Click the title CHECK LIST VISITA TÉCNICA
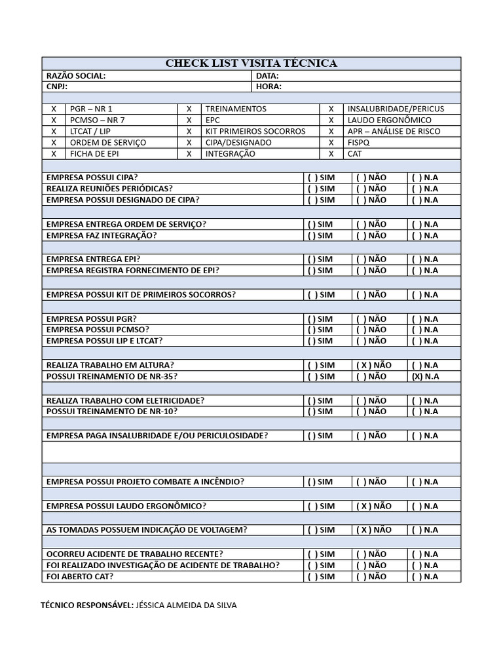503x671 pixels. click(251, 64)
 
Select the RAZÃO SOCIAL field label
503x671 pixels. click(76, 76)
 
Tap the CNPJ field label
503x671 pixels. click(57, 86)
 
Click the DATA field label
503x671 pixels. click(267, 76)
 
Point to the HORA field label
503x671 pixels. click(269, 86)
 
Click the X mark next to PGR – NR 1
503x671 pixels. click(54, 109)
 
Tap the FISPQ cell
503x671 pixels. click(358, 142)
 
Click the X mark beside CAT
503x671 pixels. click(331, 153)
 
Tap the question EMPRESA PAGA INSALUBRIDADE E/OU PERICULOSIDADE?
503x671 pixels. click(157, 436)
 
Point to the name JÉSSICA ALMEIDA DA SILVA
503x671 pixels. click(186, 605)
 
